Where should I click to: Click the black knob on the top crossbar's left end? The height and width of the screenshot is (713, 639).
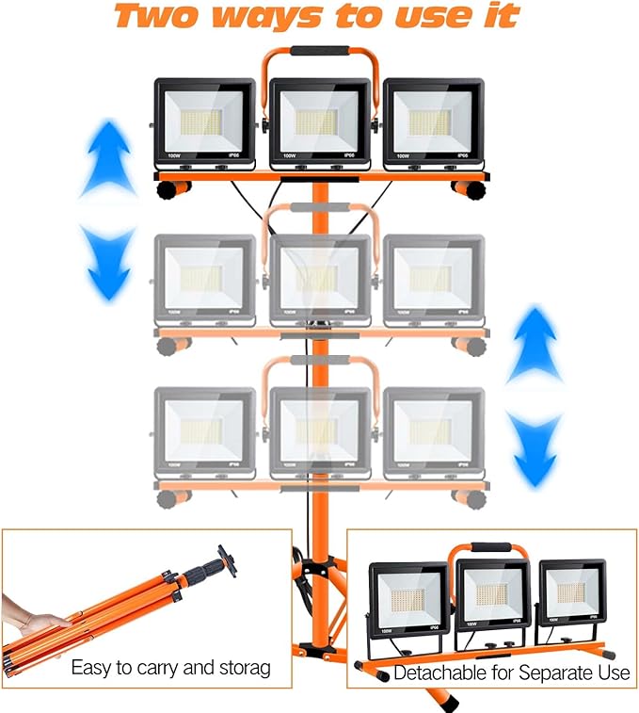tap(168, 188)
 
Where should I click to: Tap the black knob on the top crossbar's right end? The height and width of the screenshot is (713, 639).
tap(470, 188)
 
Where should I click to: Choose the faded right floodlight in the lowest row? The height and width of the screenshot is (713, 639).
tap(433, 430)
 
